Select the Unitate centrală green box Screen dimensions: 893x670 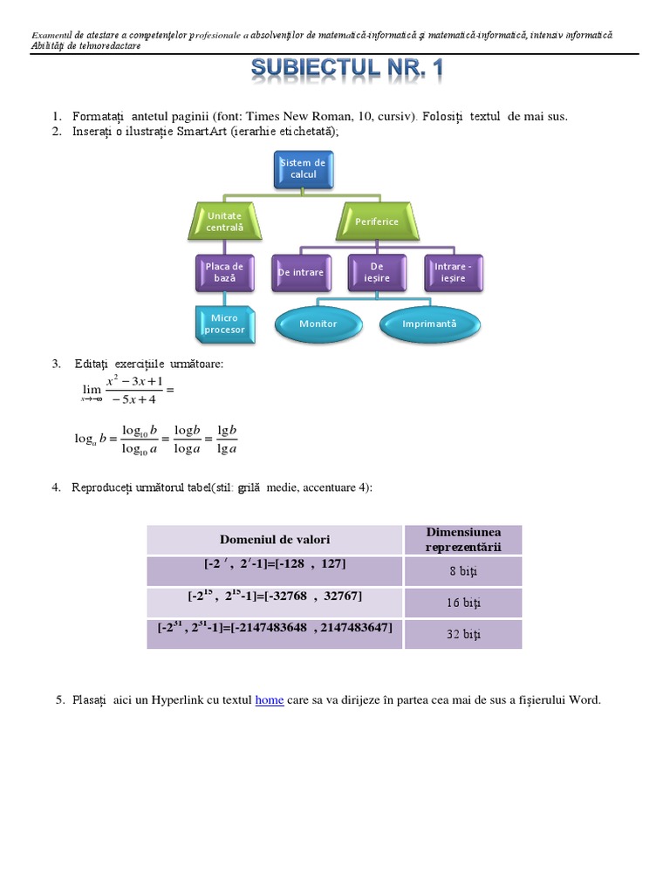pos(225,222)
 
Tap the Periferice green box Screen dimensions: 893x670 pos(377,222)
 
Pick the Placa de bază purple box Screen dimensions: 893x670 pos(225,272)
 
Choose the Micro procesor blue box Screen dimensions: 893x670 pos(224,324)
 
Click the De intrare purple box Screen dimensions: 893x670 pos(301,272)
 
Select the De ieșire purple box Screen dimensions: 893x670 pos(377,272)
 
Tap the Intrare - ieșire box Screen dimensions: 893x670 pos(453,272)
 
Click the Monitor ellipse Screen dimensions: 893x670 pos(318,324)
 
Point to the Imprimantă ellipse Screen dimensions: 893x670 pos(429,324)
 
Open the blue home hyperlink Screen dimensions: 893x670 pos(269,699)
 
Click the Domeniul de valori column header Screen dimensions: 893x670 pos(275,540)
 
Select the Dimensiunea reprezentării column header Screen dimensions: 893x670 pos(463,539)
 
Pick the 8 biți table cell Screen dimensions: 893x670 pos(463,571)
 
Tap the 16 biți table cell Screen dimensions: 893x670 pos(463,603)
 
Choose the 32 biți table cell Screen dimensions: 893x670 pos(463,634)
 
